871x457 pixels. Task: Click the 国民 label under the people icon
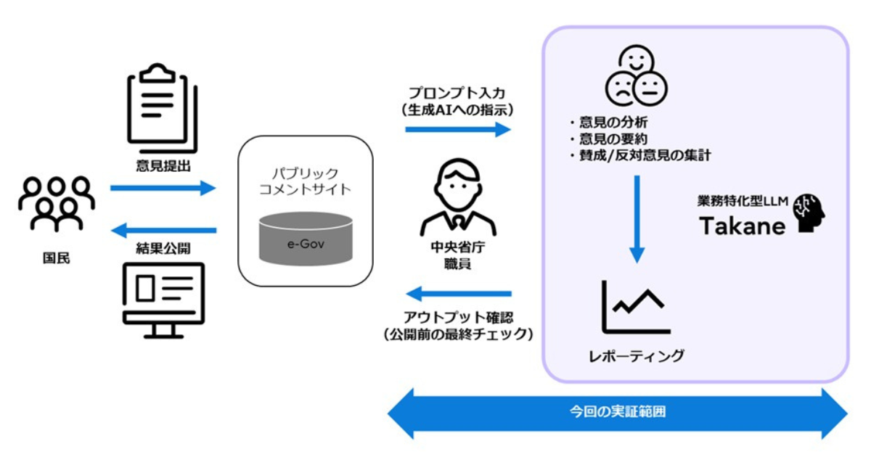coord(56,258)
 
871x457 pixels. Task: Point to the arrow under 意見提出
coord(163,189)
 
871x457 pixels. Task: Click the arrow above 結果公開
coord(163,231)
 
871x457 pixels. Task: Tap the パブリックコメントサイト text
coord(306,182)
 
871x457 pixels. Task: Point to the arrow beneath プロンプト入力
coord(458,129)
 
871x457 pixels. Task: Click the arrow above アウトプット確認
coord(458,294)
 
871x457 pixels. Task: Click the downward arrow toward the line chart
coord(637,218)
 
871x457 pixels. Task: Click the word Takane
coord(743,226)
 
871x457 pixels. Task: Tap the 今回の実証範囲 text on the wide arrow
coord(618,412)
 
